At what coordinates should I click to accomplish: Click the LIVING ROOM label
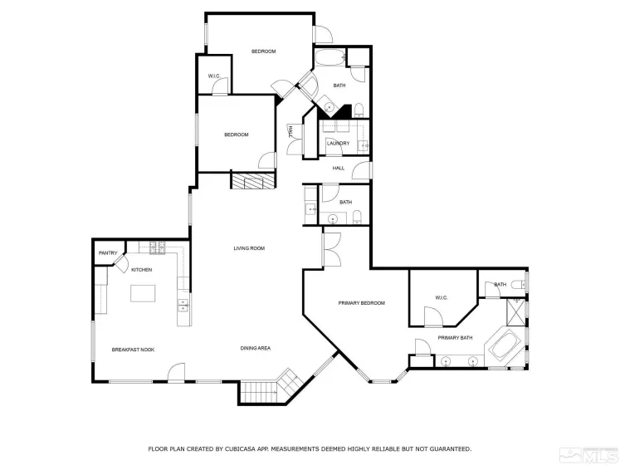pyautogui.click(x=248, y=248)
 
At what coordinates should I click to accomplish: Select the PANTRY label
pyautogui.click(x=108, y=253)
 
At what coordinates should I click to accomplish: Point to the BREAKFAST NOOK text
pyautogui.click(x=133, y=350)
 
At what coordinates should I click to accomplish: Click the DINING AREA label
pyautogui.click(x=256, y=348)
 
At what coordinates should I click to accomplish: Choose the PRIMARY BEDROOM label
pyautogui.click(x=361, y=303)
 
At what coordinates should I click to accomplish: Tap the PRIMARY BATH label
pyautogui.click(x=455, y=338)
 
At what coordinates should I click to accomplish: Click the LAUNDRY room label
pyautogui.click(x=338, y=143)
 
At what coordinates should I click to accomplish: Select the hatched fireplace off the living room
pyautogui.click(x=252, y=182)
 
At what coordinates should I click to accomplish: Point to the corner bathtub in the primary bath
pyautogui.click(x=505, y=347)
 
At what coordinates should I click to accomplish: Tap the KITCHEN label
pyautogui.click(x=141, y=270)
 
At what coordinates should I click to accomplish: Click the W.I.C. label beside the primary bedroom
pyautogui.click(x=441, y=297)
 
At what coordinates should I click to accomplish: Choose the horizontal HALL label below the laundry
pyautogui.click(x=338, y=169)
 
